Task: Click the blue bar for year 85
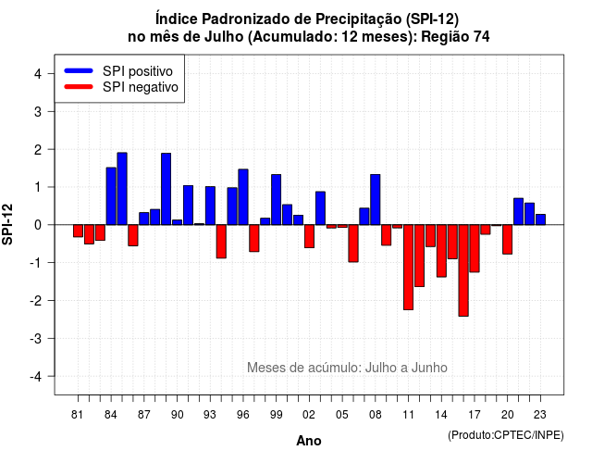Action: coord(122,189)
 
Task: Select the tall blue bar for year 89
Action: coord(166,189)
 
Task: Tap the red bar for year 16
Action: coord(463,270)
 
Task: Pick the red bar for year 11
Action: coord(409,268)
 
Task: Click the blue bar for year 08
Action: coord(376,200)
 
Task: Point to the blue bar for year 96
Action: coord(243,197)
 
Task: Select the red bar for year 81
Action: coord(78,231)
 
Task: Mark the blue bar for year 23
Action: coord(540,219)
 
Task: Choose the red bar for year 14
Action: coord(442,251)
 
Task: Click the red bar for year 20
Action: coord(508,239)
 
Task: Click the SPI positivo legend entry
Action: coord(119,71)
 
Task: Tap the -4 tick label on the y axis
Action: coord(36,377)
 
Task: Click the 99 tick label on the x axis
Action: coord(277,415)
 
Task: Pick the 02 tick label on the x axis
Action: coord(309,415)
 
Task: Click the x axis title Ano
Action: coord(309,441)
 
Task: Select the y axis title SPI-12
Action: coord(7,224)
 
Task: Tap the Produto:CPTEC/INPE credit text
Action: coord(506,435)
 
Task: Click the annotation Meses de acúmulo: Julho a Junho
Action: coord(348,368)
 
